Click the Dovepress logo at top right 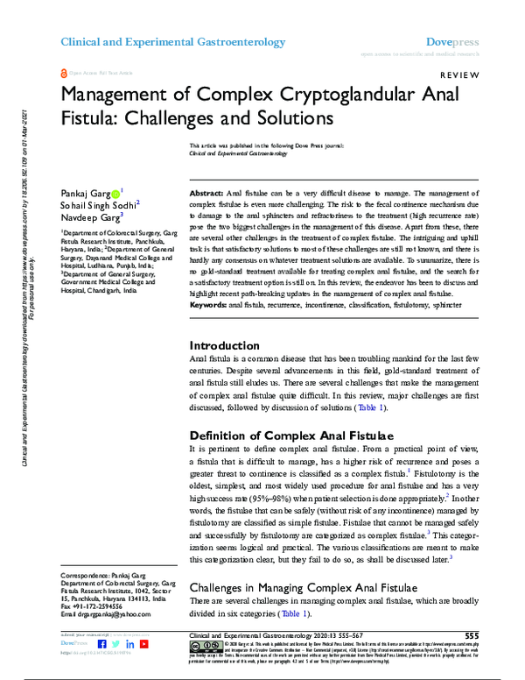452,41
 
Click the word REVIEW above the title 459,75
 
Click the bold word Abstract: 206,191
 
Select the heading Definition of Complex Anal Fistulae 291,435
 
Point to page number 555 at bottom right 472,635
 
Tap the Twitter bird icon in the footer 116,644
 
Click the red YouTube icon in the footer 143,644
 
